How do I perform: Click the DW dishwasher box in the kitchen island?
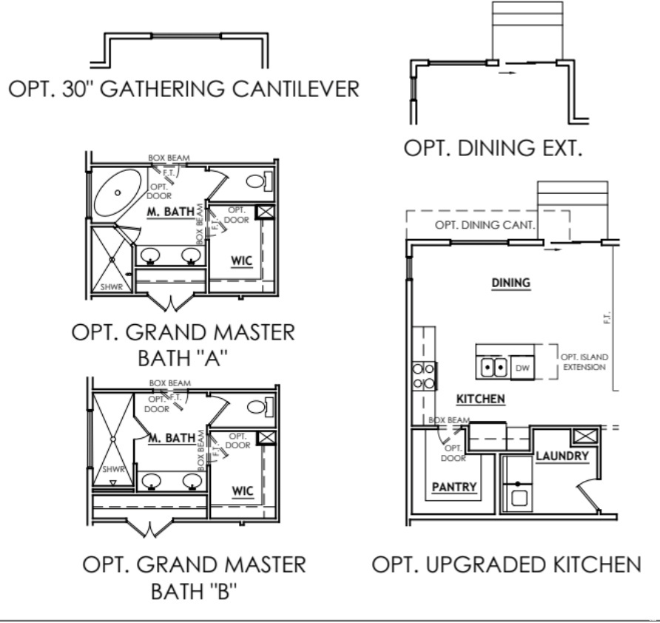pos(522,366)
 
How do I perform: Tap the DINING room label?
pos(512,283)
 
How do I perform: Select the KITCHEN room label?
pos(480,399)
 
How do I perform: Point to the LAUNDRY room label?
pos(562,456)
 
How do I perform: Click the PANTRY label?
pos(454,487)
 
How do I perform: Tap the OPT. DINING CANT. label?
pos(485,225)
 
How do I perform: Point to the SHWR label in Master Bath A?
pos(110,286)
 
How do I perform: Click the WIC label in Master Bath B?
pos(242,491)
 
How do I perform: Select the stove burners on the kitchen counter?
pos(423,375)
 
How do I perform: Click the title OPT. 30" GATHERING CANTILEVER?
pos(183,89)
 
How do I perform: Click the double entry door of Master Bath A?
pos(171,301)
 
